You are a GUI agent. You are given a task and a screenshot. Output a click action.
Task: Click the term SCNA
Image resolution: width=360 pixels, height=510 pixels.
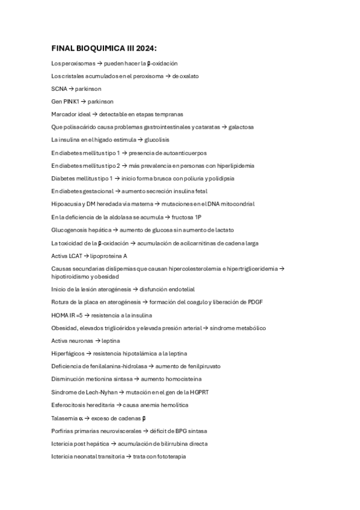59,88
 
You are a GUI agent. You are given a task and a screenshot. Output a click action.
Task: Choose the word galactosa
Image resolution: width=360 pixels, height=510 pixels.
240,127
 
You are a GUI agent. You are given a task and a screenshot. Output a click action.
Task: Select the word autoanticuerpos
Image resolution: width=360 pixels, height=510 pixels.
185,153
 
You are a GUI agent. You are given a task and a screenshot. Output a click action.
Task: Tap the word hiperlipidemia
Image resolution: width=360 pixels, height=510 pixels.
232,165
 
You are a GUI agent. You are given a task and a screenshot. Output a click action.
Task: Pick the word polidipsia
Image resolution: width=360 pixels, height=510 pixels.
220,178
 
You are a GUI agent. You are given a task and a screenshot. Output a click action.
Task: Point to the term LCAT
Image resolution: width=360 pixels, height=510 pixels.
75,256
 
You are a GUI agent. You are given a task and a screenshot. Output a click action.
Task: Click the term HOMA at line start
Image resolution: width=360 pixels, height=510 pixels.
60,315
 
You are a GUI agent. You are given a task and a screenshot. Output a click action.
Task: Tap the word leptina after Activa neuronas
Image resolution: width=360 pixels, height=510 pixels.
111,340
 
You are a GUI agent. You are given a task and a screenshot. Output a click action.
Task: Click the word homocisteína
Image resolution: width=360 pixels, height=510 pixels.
184,379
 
